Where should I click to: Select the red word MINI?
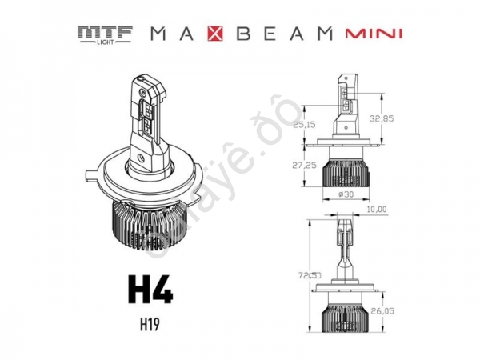point(373,34)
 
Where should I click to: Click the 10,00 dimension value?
point(375,210)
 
